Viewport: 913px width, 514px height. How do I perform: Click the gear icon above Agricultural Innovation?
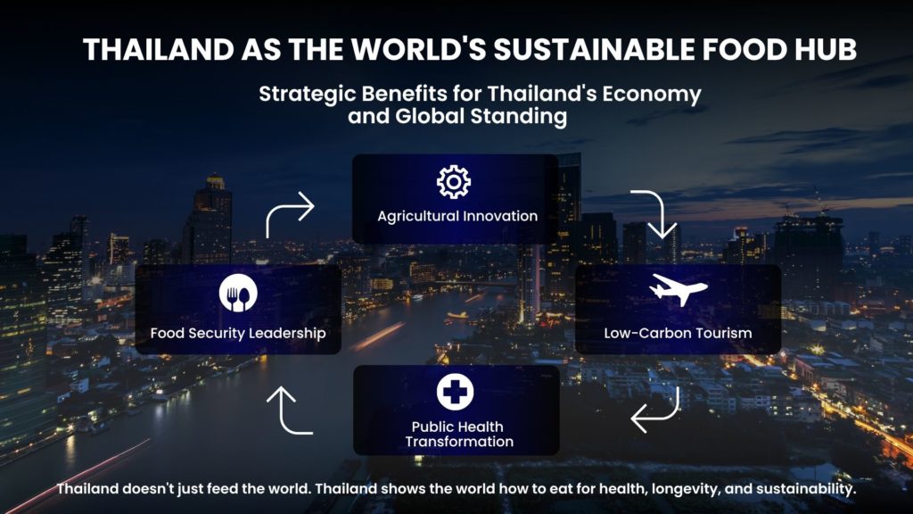pyautogui.click(x=454, y=182)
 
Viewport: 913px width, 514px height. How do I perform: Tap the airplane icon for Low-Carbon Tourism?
pyautogui.click(x=679, y=289)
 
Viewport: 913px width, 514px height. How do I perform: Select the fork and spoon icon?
pyautogui.click(x=238, y=293)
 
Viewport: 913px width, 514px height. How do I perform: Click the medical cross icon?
pyautogui.click(x=456, y=392)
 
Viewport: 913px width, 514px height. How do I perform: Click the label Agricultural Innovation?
pyautogui.click(x=457, y=216)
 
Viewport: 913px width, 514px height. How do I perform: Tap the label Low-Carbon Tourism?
pyautogui.click(x=678, y=334)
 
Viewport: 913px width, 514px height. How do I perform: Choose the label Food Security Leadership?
pyautogui.click(x=238, y=334)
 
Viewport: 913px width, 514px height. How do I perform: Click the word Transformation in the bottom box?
pyautogui.click(x=459, y=442)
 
